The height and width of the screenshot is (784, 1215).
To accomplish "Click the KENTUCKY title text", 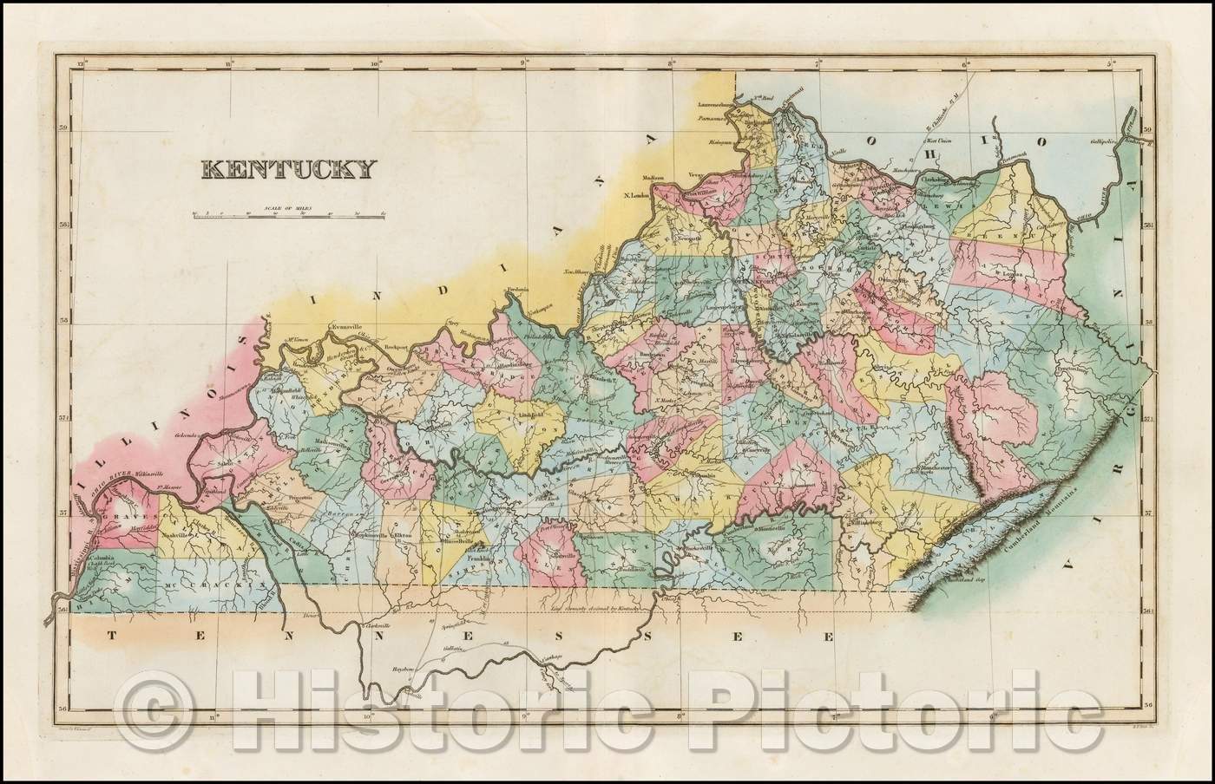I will (288, 168).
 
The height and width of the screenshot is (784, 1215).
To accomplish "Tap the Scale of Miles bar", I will (289, 215).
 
